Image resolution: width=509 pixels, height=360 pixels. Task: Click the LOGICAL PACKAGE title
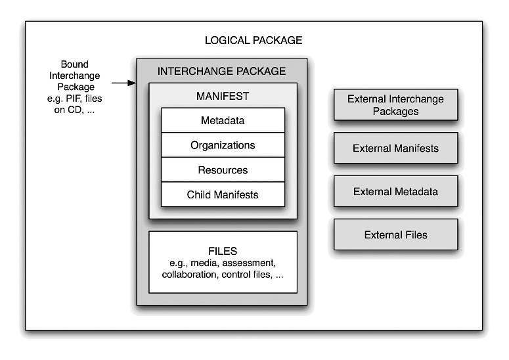(x=254, y=40)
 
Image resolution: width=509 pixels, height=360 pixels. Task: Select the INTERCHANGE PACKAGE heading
(x=222, y=71)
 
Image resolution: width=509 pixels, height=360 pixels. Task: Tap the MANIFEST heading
(x=223, y=96)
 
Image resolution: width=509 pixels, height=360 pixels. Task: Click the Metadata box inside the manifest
(x=223, y=121)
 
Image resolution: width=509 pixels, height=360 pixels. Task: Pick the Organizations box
(x=223, y=145)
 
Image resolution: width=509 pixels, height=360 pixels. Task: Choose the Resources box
(x=223, y=170)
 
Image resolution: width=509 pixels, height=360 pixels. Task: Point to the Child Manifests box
(x=223, y=194)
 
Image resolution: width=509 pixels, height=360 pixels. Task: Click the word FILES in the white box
(x=223, y=251)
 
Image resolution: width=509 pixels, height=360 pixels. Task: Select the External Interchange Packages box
(x=395, y=105)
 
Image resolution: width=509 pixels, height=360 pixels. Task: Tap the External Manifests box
(x=395, y=148)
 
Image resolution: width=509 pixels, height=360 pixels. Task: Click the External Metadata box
(x=395, y=192)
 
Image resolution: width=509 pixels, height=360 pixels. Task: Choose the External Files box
(x=395, y=235)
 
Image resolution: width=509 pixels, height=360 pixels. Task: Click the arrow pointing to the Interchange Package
(x=123, y=83)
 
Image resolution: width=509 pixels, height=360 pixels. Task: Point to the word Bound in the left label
(x=74, y=64)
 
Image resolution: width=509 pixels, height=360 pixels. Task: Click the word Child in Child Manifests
(x=199, y=194)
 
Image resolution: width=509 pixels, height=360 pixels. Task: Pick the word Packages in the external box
(x=395, y=111)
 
